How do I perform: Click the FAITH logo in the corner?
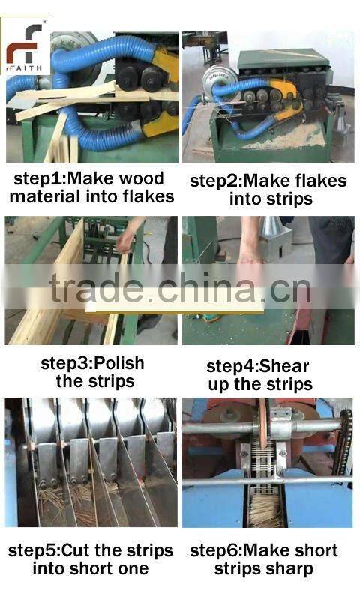click(25, 46)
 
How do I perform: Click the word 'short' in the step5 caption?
click(113, 568)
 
